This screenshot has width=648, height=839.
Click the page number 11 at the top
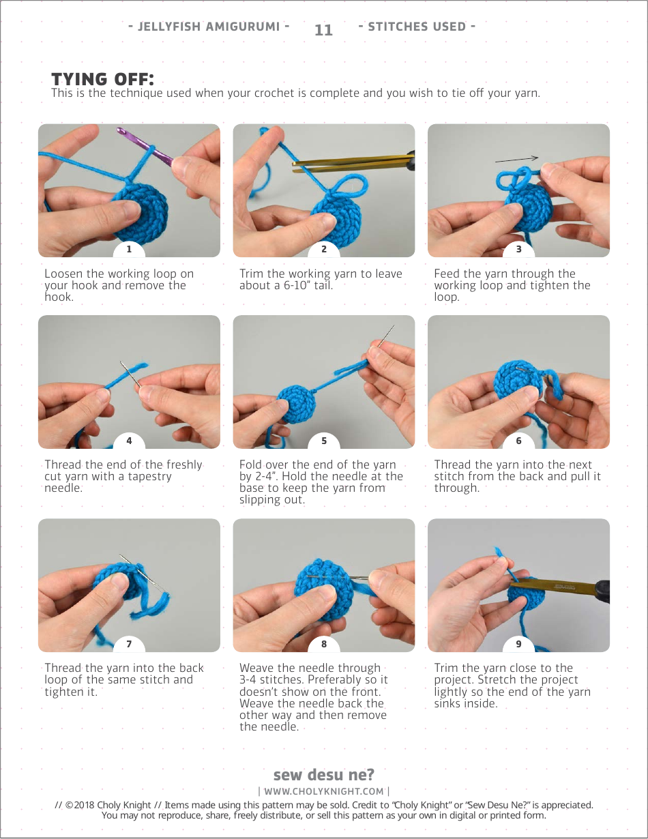click(323, 30)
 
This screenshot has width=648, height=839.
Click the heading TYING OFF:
click(103, 79)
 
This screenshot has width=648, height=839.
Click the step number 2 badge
click(324, 250)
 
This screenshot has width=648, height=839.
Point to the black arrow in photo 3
click(516, 159)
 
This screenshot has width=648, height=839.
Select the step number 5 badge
click(324, 441)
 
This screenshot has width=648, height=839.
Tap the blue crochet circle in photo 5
click(297, 404)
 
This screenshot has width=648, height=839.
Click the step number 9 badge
click(518, 644)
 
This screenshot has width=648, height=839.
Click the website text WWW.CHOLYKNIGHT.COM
click(324, 791)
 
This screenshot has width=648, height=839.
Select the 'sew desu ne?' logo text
click(324, 774)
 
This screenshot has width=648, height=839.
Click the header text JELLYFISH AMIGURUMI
click(209, 27)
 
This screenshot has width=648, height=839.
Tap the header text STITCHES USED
click(417, 27)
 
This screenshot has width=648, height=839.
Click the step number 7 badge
click(129, 644)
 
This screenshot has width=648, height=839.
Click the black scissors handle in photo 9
click(602, 591)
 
